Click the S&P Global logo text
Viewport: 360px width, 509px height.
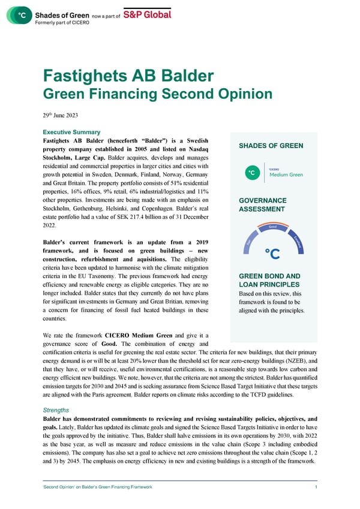tap(147, 14)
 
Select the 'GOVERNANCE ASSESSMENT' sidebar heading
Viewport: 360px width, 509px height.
tap(254, 204)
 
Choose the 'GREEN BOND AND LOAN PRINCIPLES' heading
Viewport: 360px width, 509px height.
tap(265, 281)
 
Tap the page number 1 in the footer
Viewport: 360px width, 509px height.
tap(316, 487)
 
